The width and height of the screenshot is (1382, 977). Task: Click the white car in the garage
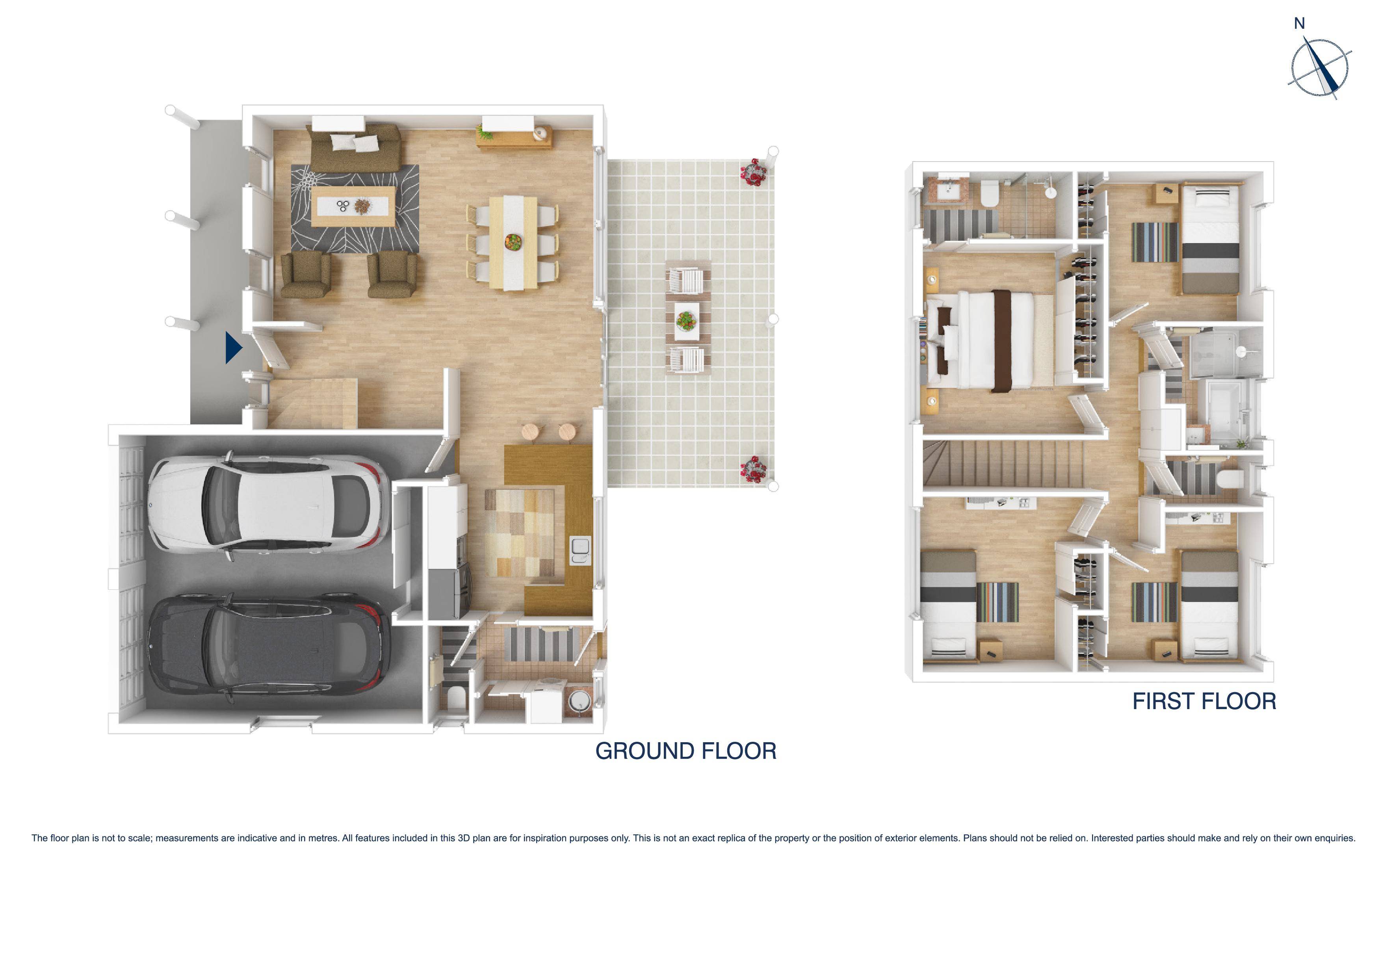coord(265,504)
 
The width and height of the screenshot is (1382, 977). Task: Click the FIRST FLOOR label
coord(1204,701)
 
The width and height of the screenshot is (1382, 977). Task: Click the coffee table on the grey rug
coord(353,206)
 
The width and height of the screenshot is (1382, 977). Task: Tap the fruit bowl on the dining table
coord(513,242)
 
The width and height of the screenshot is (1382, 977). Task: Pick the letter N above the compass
coord(1299,24)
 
